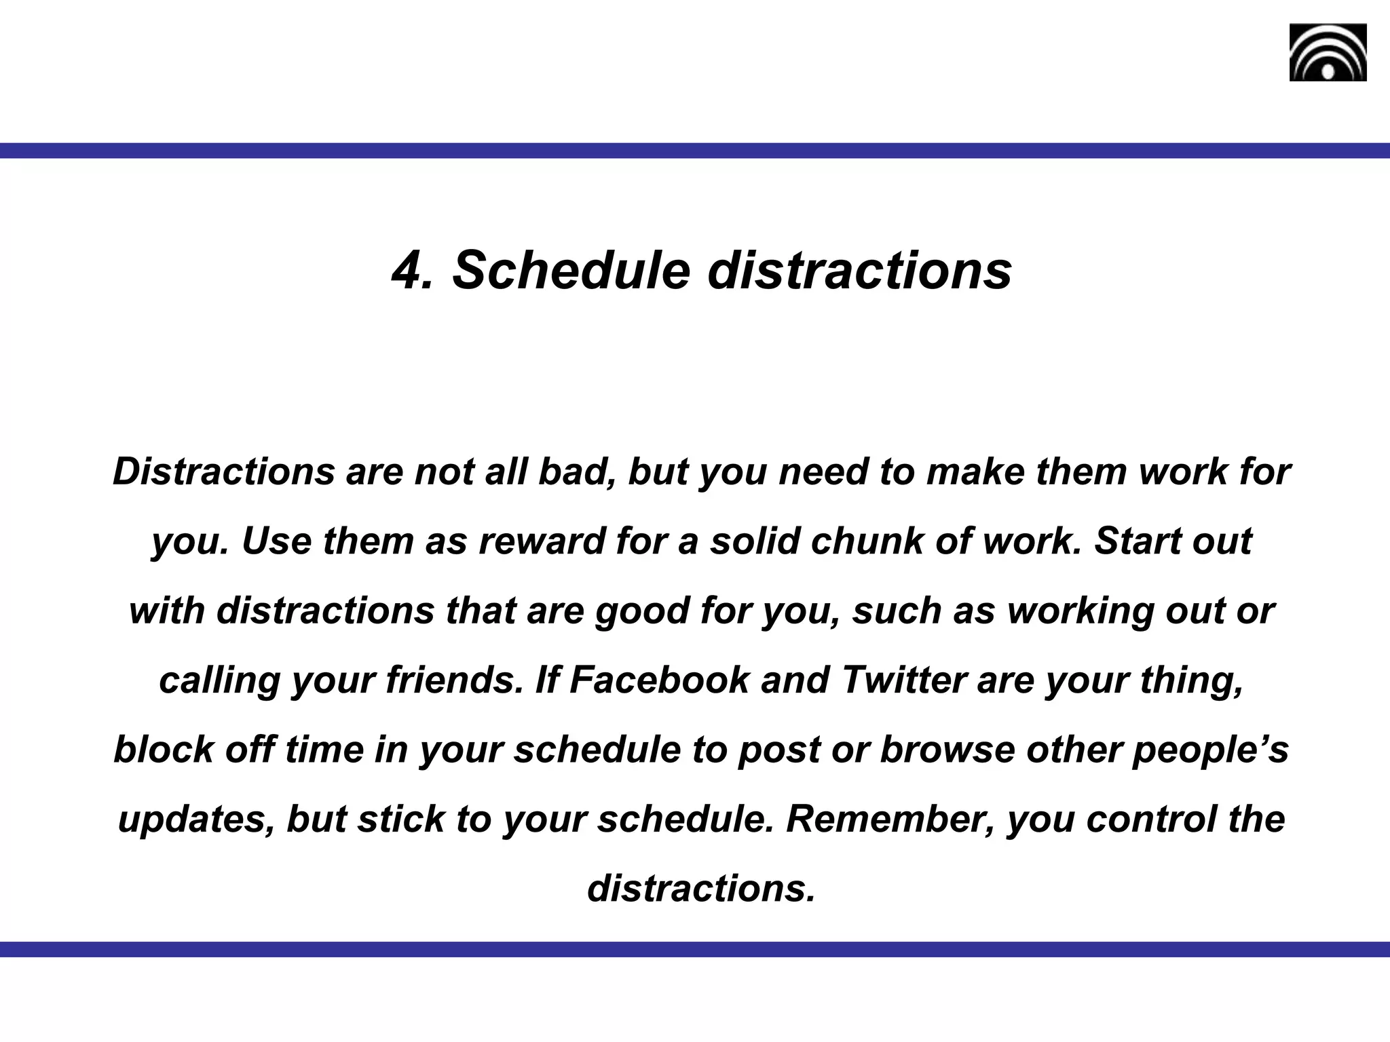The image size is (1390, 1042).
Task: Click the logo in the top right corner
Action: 1328,53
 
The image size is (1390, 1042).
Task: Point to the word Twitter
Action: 903,680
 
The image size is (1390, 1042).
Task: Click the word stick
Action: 401,819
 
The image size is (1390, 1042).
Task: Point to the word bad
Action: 578,471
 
